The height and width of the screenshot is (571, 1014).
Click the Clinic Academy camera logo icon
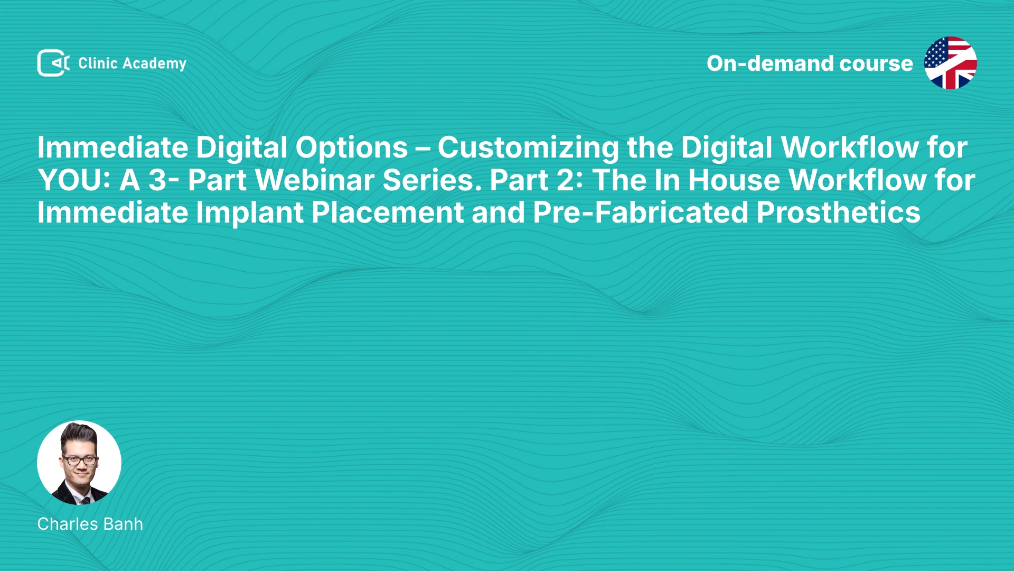pyautogui.click(x=53, y=63)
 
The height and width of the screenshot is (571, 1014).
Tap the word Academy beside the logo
pyautogui.click(x=154, y=64)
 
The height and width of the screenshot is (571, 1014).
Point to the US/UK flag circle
pyautogui.click(x=950, y=63)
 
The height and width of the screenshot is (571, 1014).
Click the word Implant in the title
pyautogui.click(x=250, y=213)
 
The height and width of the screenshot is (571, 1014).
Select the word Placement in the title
pyautogui.click(x=387, y=213)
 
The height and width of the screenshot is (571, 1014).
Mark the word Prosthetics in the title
pyautogui.click(x=838, y=213)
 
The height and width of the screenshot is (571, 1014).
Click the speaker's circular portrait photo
pyautogui.click(x=79, y=463)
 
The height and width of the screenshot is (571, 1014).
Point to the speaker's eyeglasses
pyautogui.click(x=80, y=460)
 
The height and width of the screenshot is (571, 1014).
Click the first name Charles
pyautogui.click(x=68, y=524)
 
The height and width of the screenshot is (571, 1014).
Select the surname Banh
pyautogui.click(x=124, y=524)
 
